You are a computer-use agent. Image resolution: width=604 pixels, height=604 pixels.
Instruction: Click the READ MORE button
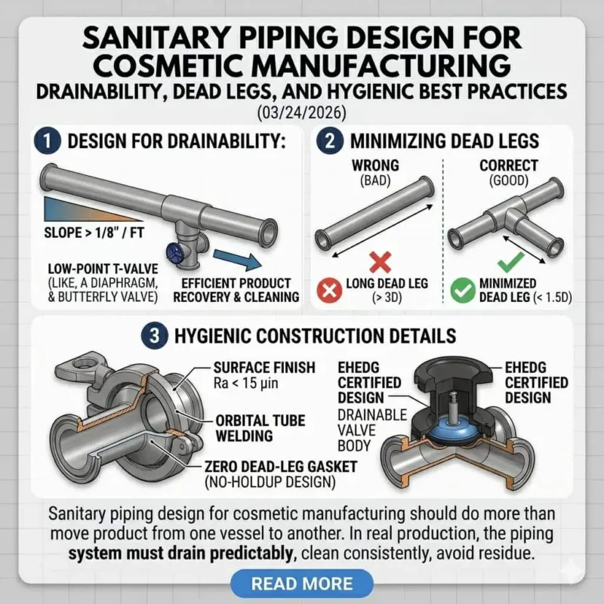click(x=301, y=583)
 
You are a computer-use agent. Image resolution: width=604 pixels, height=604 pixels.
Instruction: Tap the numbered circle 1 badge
click(x=47, y=141)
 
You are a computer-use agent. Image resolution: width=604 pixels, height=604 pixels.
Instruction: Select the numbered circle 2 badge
click(x=330, y=141)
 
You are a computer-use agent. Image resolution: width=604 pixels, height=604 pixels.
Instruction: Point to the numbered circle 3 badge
click(x=155, y=335)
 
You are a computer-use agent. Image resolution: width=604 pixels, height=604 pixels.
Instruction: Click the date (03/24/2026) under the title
click(x=301, y=112)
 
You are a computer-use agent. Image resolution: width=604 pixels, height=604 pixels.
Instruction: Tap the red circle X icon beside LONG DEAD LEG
click(x=329, y=290)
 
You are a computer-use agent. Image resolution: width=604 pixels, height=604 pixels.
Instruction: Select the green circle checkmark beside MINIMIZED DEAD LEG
click(x=463, y=290)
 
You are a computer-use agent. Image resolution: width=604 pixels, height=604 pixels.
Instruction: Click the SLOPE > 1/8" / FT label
click(x=94, y=233)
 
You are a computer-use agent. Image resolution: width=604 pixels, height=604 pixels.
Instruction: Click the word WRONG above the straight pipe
click(x=375, y=165)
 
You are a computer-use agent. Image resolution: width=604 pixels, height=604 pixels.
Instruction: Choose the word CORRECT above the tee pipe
click(x=508, y=165)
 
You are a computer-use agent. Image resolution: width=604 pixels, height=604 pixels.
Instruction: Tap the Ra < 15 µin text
click(x=246, y=384)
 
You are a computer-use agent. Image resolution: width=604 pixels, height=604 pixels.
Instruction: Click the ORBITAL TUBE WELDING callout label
click(x=260, y=428)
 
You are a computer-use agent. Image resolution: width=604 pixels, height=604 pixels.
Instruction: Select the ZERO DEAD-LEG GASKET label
click(x=281, y=467)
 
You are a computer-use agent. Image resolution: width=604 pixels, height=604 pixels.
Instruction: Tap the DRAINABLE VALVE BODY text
click(x=372, y=430)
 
